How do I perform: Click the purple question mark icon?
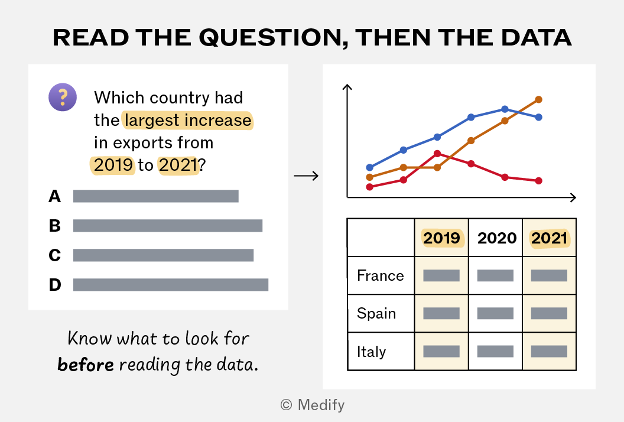pyautogui.click(x=63, y=97)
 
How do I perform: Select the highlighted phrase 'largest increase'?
pyautogui.click(x=188, y=120)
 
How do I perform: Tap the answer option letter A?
pyautogui.click(x=55, y=196)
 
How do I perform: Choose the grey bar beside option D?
pyautogui.click(x=171, y=285)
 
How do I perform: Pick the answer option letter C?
pyautogui.click(x=55, y=255)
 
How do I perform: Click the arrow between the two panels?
pyautogui.click(x=306, y=176)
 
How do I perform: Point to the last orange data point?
pyautogui.click(x=538, y=99)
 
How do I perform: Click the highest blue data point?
pyautogui.click(x=505, y=109)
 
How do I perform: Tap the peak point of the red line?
pyautogui.click(x=437, y=154)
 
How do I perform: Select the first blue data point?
pyautogui.click(x=370, y=167)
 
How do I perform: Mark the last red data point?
pyautogui.click(x=538, y=181)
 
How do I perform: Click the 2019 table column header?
pyautogui.click(x=441, y=238)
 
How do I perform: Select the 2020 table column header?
pyautogui.click(x=496, y=238)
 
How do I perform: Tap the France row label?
pyautogui.click(x=381, y=275)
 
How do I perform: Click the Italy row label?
pyautogui.click(x=371, y=352)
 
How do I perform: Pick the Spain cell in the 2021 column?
pyautogui.click(x=549, y=313)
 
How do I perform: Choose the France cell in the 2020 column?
pyautogui.click(x=495, y=275)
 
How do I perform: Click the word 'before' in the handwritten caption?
pyautogui.click(x=86, y=364)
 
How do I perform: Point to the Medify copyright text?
pyautogui.click(x=313, y=405)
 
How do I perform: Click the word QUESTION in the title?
pyautogui.click(x=271, y=38)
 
